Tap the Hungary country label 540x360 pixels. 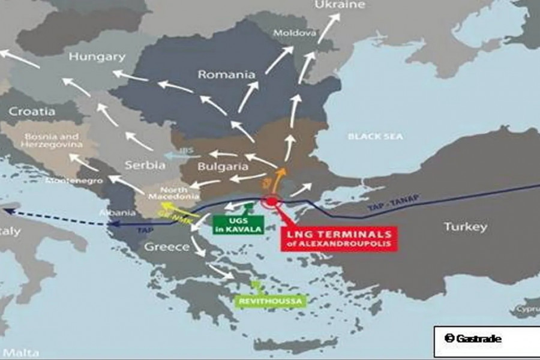coord(97,57)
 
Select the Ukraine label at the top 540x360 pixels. coord(340,5)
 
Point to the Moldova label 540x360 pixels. coord(294,33)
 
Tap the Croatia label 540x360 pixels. coord(32,112)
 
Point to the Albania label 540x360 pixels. coord(118,213)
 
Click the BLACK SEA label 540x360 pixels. coord(372,136)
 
